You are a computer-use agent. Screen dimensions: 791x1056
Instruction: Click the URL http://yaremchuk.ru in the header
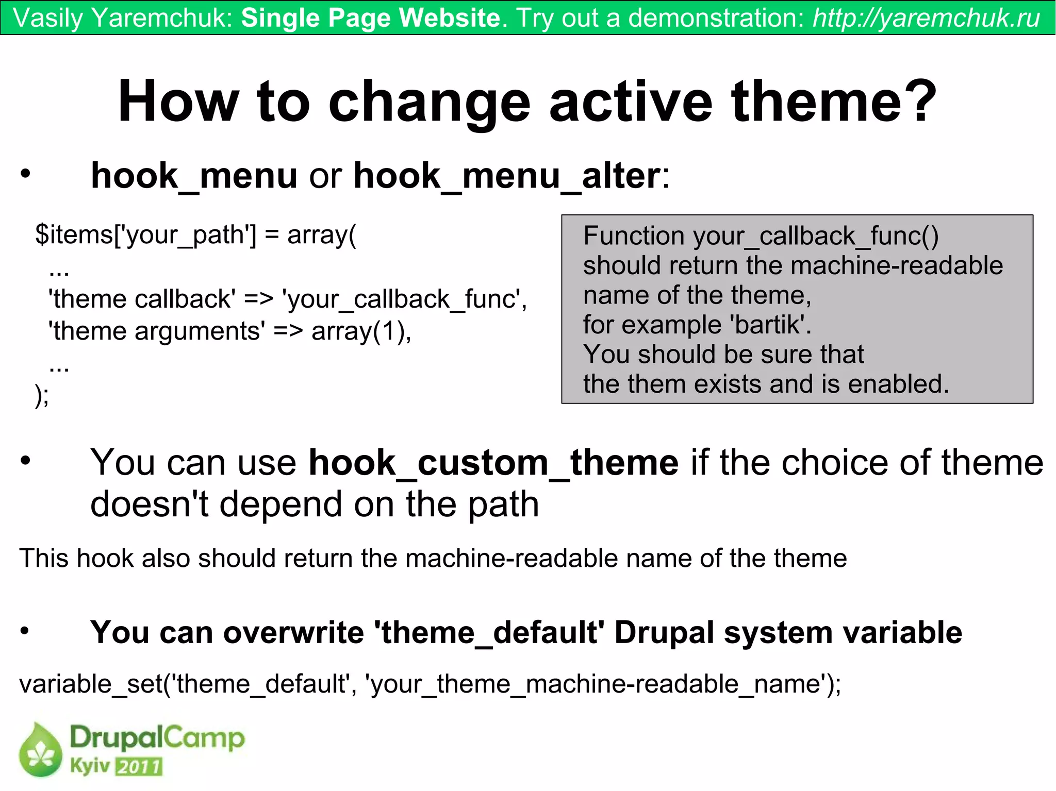[926, 18]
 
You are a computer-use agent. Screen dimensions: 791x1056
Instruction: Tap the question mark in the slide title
[918, 102]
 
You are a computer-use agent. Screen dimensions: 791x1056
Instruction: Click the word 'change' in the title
[429, 102]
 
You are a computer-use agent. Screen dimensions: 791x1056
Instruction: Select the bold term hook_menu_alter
[506, 176]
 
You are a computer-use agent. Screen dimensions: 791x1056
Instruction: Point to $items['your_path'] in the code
[145, 235]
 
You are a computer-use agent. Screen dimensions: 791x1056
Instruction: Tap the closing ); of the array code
[42, 396]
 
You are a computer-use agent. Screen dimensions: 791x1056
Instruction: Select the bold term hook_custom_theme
[493, 463]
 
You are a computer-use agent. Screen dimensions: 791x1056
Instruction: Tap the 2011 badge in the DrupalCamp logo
[138, 767]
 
